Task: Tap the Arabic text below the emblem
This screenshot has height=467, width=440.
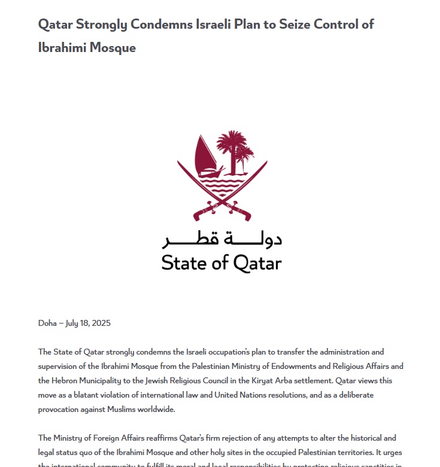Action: [221, 239]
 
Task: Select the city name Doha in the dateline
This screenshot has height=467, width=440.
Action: [47, 323]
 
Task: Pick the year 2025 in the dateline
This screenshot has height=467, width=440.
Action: [101, 323]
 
